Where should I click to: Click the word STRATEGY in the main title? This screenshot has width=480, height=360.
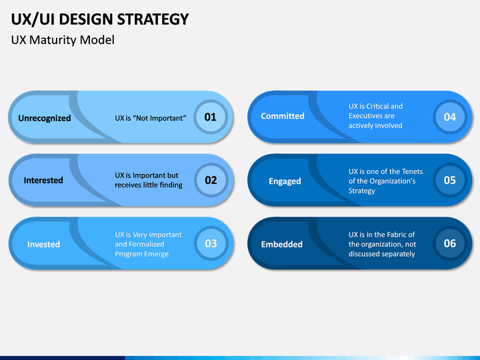point(153,19)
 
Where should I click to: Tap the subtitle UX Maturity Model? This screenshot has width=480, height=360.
point(63,40)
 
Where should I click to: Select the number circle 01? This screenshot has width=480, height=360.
point(211,117)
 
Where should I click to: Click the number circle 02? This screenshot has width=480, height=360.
point(211,180)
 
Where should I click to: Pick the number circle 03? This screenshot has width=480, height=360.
point(211,243)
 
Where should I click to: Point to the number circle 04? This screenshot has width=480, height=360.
point(450,117)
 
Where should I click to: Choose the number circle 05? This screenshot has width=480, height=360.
point(450,180)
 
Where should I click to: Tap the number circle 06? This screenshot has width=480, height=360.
point(450,243)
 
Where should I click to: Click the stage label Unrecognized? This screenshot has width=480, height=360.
point(45,118)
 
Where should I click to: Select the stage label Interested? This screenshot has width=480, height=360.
point(43,180)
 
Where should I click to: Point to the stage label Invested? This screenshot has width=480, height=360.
point(43,244)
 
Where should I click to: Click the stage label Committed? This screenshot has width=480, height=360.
point(283,116)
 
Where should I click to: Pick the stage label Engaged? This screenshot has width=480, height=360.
point(285,181)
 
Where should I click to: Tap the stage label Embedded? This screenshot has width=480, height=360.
point(281,244)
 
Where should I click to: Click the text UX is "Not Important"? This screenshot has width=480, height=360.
point(151,118)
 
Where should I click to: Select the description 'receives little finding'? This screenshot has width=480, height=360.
point(149,185)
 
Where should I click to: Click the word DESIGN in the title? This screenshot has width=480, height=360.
point(86,19)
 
